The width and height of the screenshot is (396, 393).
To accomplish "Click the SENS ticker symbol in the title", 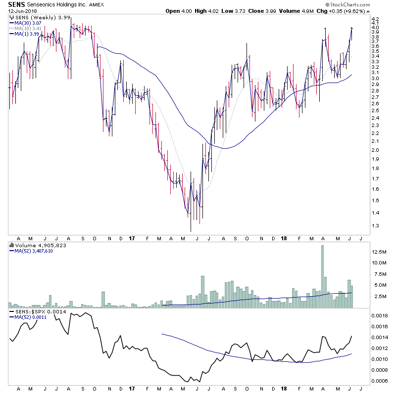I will click(x=15, y=4).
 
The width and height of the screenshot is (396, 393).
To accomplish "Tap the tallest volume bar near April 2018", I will click(x=323, y=277).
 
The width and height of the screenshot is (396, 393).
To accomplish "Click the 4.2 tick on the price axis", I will click(x=375, y=21).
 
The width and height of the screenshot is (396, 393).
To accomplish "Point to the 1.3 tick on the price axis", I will click(x=375, y=226).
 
